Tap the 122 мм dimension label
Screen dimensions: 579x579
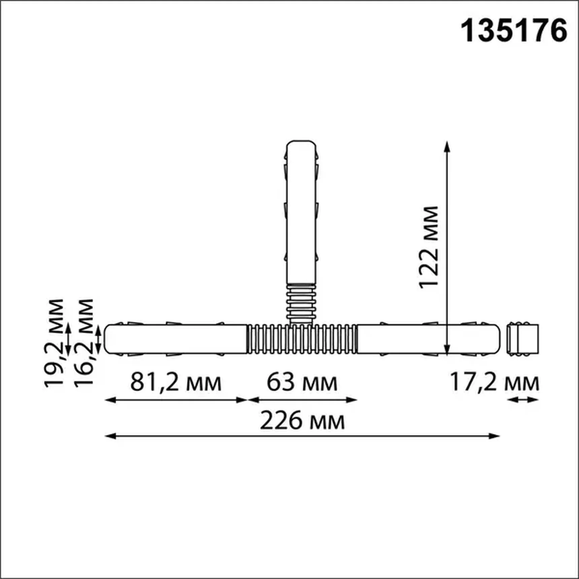point(429,247)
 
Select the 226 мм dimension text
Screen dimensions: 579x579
point(302,421)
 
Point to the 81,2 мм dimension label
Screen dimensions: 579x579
point(176,382)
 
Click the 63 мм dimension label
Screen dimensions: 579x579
point(302,382)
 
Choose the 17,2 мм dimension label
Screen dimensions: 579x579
point(494,382)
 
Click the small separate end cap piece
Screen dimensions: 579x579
point(523,339)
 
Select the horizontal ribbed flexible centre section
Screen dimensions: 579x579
point(302,339)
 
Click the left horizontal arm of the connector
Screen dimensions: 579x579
point(176,339)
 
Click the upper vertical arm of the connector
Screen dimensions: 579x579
point(301,212)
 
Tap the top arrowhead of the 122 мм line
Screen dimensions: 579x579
point(447,145)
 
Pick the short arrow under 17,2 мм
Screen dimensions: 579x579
point(523,400)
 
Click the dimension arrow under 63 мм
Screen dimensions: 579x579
point(302,400)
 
